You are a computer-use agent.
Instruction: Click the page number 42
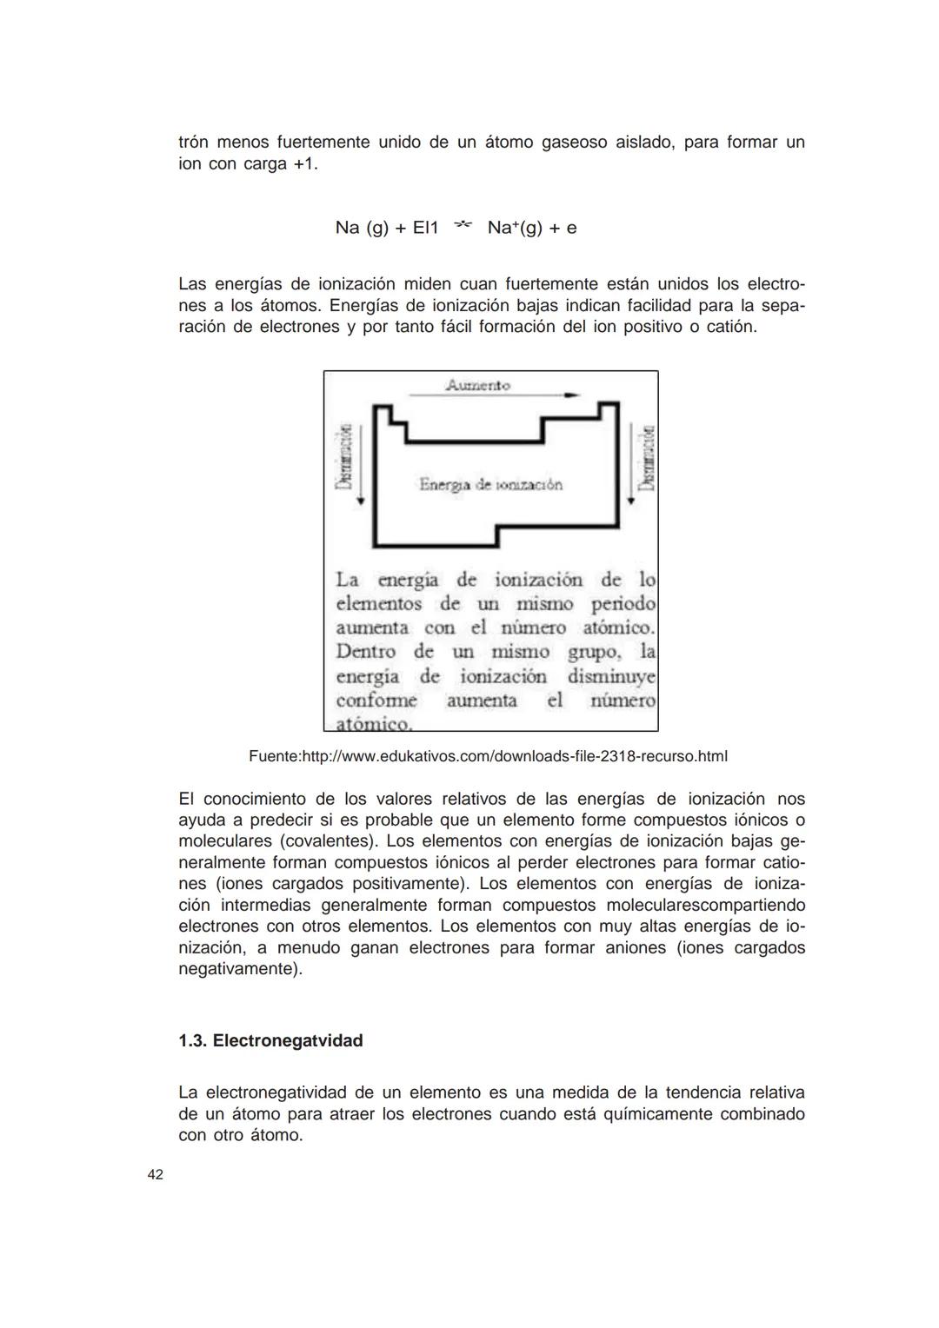coord(155,1175)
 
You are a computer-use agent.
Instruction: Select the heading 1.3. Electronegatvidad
coord(270,1040)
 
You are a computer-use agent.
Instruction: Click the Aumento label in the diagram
coord(477,385)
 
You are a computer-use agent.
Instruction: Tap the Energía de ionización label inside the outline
coord(490,485)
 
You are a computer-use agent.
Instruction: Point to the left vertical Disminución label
coord(345,457)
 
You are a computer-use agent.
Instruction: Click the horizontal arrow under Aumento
coord(494,395)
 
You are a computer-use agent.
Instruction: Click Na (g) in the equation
coord(362,228)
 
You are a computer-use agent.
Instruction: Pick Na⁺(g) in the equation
coord(514,228)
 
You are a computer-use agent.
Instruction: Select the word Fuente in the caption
coord(273,756)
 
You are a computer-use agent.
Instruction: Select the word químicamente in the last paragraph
coord(658,1113)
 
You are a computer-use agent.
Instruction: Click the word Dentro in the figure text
coord(365,652)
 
